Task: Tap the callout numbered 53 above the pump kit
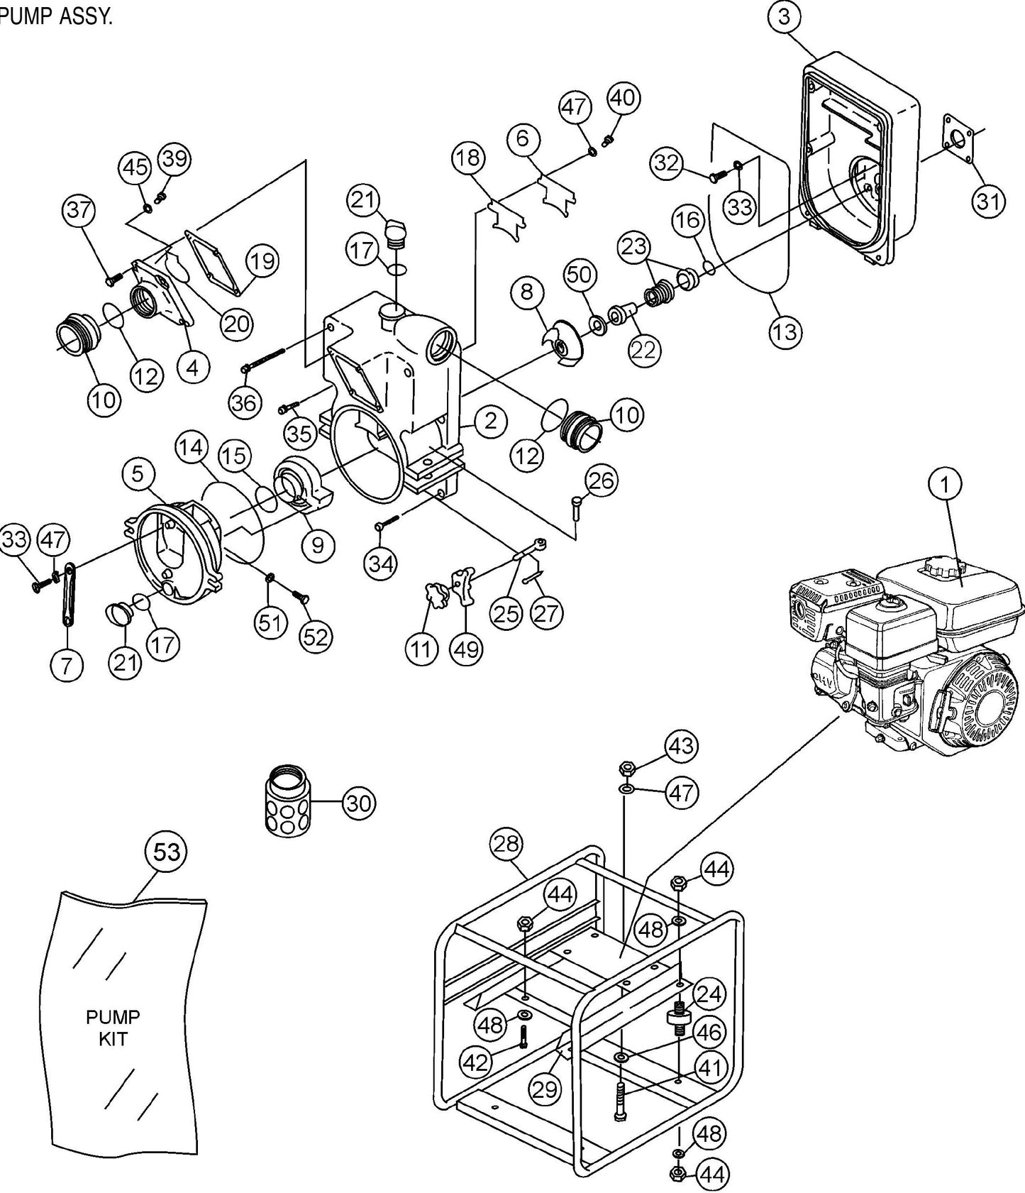point(167,851)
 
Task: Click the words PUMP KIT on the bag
point(113,1028)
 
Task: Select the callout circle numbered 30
point(358,803)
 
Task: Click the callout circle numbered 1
point(945,485)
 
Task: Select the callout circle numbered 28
point(506,844)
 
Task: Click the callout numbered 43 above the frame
point(681,747)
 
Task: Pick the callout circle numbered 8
point(526,293)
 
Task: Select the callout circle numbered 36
point(245,403)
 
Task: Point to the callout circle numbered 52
point(315,637)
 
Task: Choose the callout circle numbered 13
point(785,331)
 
